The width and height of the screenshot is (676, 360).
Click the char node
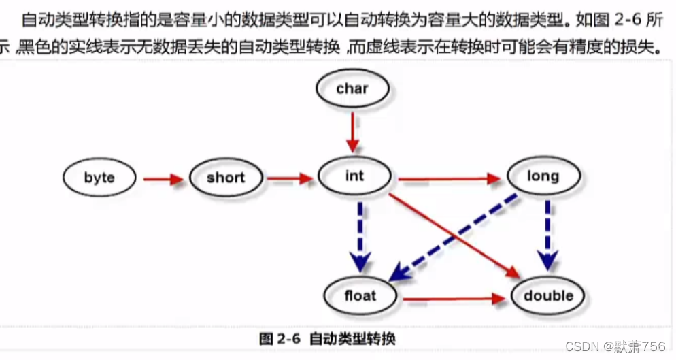click(352, 88)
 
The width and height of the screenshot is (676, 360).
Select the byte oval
click(99, 178)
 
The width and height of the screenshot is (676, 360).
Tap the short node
click(225, 178)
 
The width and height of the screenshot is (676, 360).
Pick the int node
click(354, 176)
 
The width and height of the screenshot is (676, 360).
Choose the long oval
click(543, 176)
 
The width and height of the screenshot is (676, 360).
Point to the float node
click(360, 295)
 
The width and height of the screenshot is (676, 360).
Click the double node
click(548, 296)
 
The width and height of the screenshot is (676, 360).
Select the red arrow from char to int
click(352, 132)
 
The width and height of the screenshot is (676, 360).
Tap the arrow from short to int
click(288, 179)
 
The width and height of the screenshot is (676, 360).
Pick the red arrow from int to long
click(449, 180)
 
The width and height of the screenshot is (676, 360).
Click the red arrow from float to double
click(454, 298)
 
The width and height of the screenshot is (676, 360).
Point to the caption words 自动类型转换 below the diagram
click(352, 338)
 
